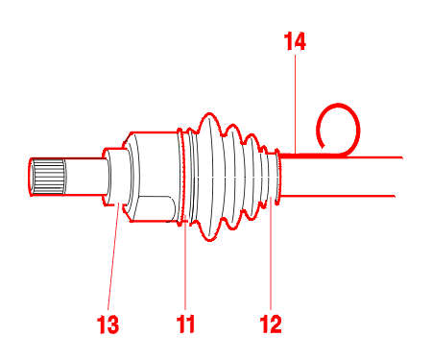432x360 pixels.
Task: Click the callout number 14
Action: coord(295,41)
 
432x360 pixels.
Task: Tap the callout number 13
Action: coord(108,324)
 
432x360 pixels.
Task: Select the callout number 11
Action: coord(185,324)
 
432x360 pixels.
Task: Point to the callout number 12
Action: coord(271,324)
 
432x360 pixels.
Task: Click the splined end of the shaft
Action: coord(48,177)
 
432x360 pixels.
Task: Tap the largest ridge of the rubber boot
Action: coord(209,177)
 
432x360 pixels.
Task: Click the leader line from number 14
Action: coord(295,104)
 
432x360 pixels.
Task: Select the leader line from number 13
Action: coord(113,256)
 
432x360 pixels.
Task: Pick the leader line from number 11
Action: coord(185,262)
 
